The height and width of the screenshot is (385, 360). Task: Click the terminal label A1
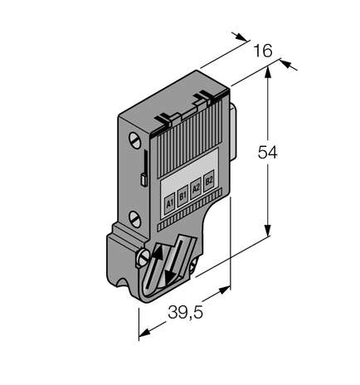(170, 202)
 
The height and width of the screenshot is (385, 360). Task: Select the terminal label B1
(182, 195)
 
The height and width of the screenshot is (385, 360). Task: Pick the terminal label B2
(208, 178)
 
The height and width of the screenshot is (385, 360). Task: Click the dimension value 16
(262, 51)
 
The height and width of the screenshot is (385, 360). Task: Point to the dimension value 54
(267, 153)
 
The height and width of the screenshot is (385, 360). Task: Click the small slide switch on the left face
(144, 178)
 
